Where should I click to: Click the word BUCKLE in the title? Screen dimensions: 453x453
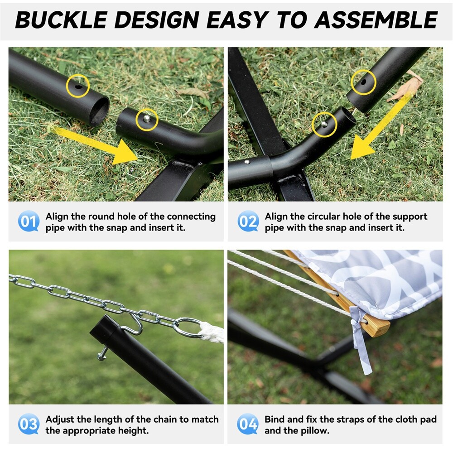[x=62, y=20]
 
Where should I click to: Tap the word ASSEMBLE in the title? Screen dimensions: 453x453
[x=376, y=20]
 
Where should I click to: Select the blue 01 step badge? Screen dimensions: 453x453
[x=29, y=221]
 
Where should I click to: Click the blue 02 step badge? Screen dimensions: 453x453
[x=248, y=221]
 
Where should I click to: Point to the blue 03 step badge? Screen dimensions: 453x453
[x=29, y=424]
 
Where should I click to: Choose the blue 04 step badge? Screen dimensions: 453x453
[x=248, y=424]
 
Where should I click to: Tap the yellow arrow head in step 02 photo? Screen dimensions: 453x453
[x=362, y=147]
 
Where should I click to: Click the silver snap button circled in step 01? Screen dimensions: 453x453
[x=147, y=118]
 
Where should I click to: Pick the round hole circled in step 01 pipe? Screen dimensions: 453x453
[x=78, y=87]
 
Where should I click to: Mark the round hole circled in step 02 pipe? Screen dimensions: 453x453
[x=363, y=82]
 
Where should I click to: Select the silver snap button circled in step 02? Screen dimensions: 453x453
[x=324, y=124]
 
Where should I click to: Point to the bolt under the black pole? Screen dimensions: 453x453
[x=102, y=354]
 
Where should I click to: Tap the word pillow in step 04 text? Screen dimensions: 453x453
[x=314, y=431]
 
